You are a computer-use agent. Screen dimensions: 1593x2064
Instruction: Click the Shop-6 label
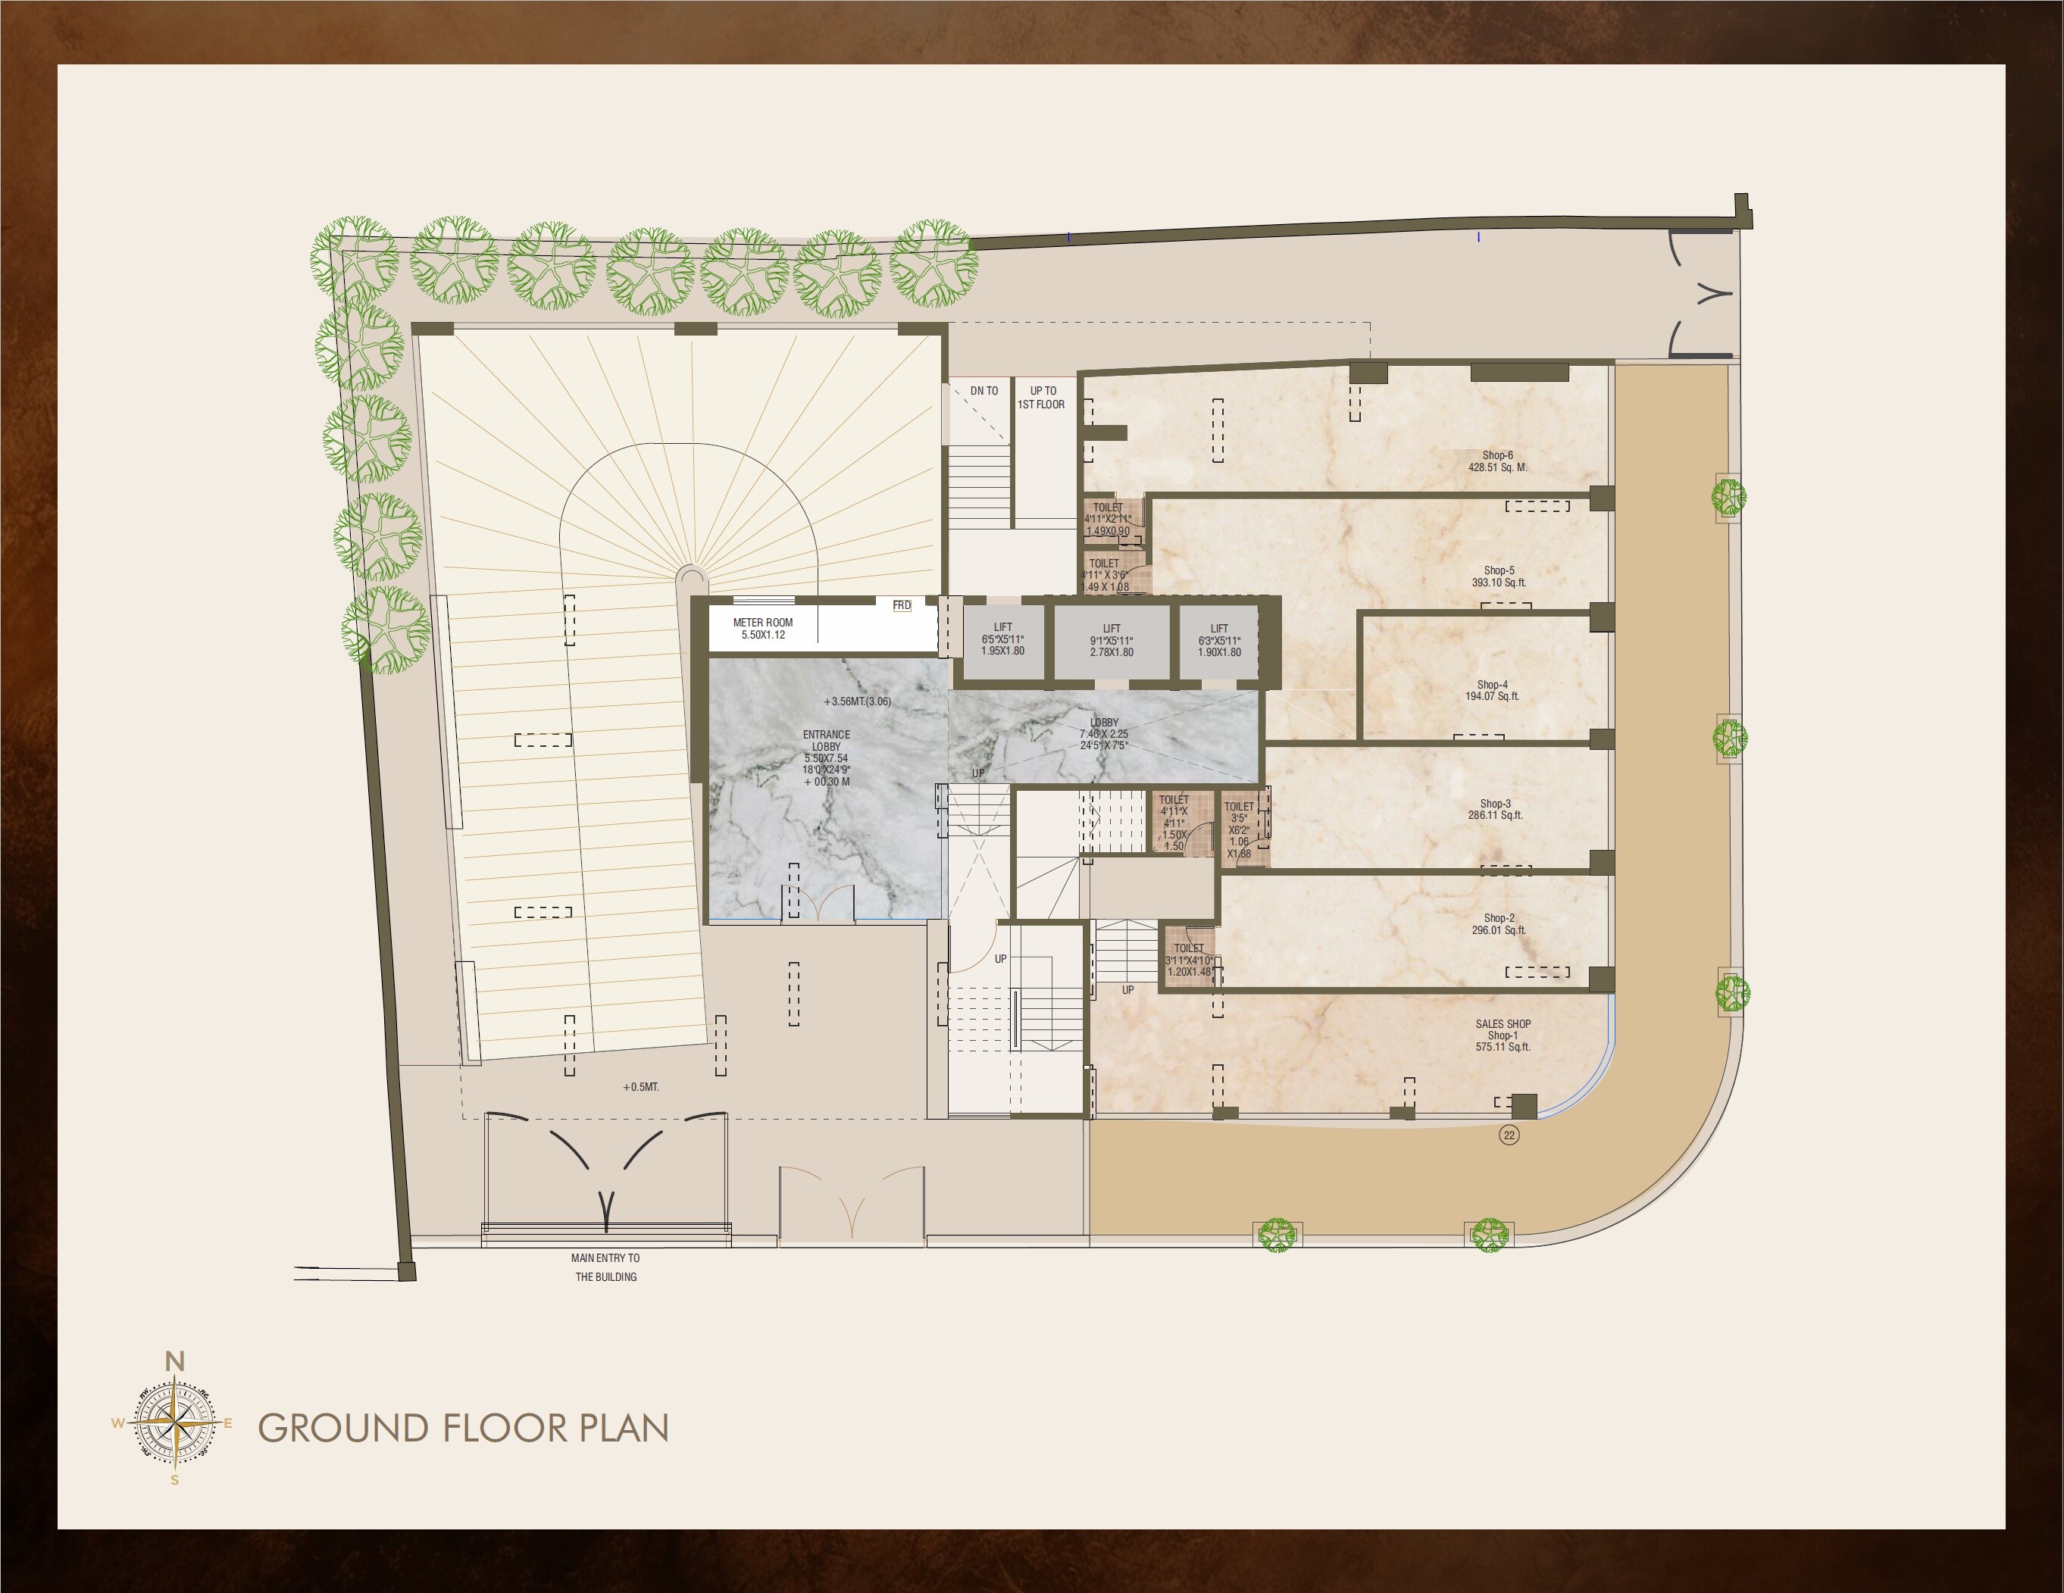(x=1497, y=461)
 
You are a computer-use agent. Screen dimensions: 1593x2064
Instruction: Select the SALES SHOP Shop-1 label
(x=1503, y=1035)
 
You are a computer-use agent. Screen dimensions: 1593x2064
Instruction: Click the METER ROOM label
(x=763, y=628)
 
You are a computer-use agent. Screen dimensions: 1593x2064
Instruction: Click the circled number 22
(x=1509, y=1135)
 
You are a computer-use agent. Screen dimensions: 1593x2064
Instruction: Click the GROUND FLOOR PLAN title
(x=463, y=1428)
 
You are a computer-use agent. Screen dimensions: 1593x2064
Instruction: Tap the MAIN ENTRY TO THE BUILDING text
(x=605, y=1267)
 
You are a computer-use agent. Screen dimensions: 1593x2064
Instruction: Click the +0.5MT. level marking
(x=641, y=1088)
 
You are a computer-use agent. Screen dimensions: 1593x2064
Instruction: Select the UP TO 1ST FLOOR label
(x=1041, y=397)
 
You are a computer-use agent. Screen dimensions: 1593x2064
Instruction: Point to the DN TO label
(x=984, y=390)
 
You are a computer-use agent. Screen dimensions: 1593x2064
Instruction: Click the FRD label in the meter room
(x=902, y=604)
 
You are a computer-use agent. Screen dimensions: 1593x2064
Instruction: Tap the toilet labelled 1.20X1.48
(x=1189, y=960)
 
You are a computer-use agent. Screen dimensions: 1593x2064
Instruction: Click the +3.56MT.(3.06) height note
(x=856, y=701)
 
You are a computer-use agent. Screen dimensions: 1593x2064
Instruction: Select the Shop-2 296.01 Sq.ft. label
(x=1499, y=924)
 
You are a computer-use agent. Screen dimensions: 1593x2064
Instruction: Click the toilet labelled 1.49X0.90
(x=1108, y=520)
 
